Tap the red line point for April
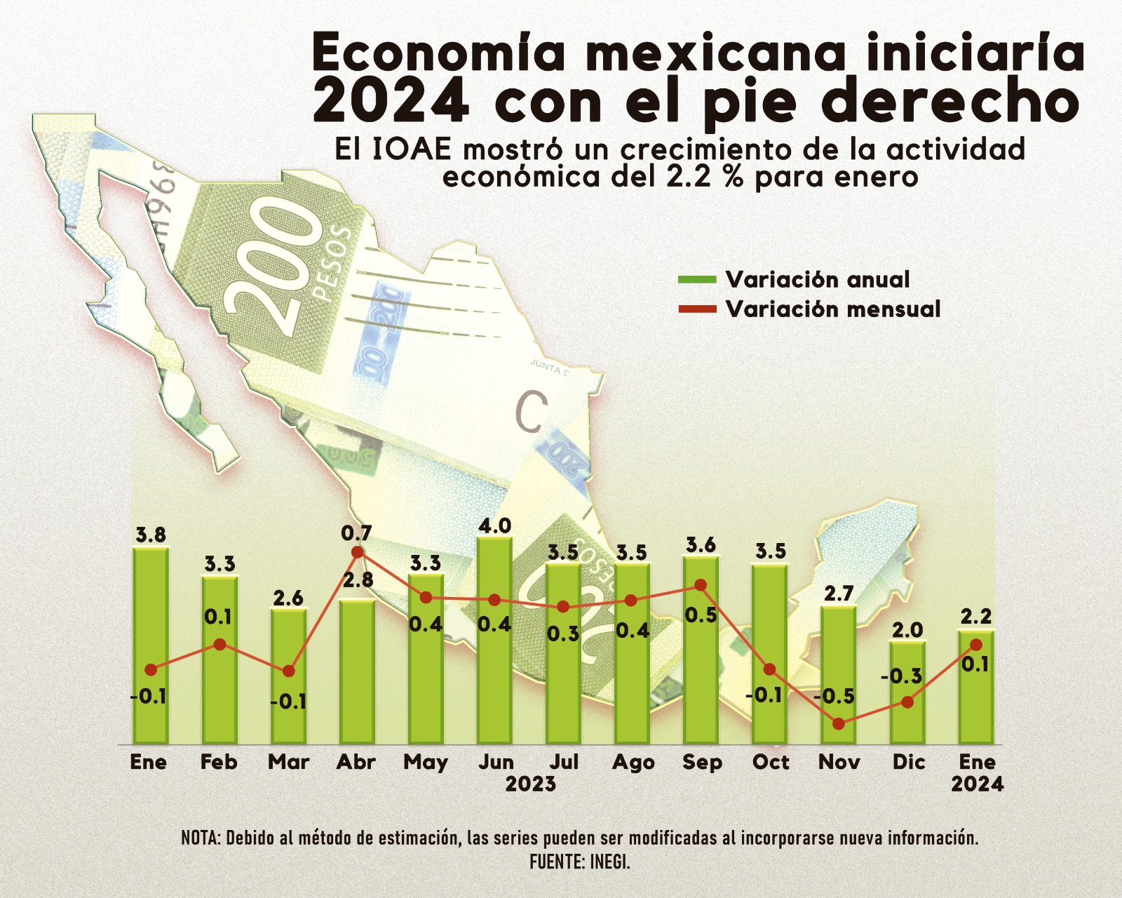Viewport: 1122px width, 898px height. pos(357,552)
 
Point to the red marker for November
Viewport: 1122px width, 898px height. pos(839,723)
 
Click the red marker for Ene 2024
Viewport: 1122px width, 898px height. pos(975,644)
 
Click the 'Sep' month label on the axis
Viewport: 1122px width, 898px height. pos(702,762)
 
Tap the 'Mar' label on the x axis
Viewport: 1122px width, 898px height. pos(288,762)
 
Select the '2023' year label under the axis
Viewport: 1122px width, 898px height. pos(531,784)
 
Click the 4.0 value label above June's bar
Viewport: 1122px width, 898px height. pos(494,525)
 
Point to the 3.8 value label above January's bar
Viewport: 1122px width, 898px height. pos(151,535)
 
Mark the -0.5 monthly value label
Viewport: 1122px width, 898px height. pos(834,697)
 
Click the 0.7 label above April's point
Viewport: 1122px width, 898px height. pos(357,533)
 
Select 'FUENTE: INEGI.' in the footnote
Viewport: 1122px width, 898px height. pos(580,861)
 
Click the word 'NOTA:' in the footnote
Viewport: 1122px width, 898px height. pos(201,838)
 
